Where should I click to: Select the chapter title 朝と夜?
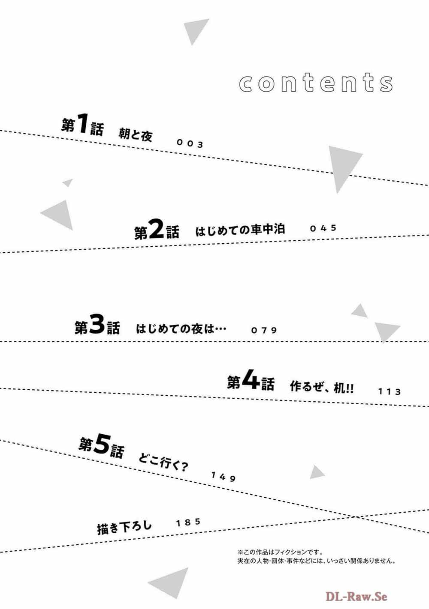136,135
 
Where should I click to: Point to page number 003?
190,143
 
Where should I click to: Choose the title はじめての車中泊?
240,230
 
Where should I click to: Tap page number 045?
323,228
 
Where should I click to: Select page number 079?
264,330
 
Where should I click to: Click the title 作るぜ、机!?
322,387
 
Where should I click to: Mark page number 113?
390,392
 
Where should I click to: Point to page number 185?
188,522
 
